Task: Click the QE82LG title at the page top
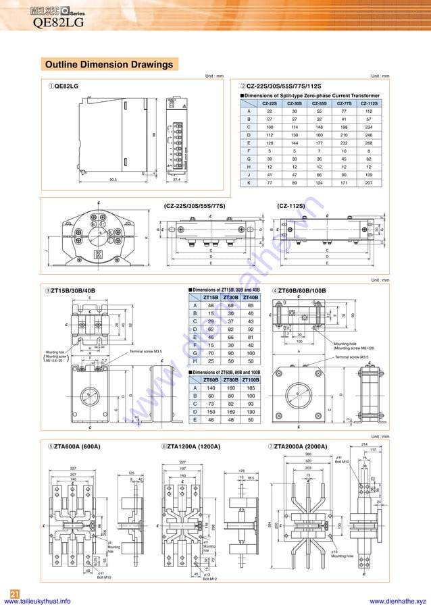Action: tap(59, 23)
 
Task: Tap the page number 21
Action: tap(14, 592)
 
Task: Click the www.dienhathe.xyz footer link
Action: tap(398, 601)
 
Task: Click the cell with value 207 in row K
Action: tap(369, 183)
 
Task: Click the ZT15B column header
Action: tap(211, 297)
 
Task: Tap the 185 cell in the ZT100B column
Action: tap(251, 388)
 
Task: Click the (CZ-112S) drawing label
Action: tap(290, 205)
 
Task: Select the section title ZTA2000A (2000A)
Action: tap(300, 447)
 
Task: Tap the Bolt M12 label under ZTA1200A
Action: tap(209, 579)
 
